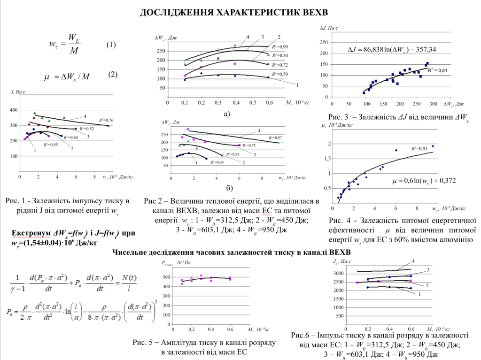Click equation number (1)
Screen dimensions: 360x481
(x=111, y=45)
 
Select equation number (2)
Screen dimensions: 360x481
(x=113, y=75)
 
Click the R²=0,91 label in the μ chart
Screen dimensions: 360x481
(x=419, y=149)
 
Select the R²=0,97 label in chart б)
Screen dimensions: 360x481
(x=275, y=137)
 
